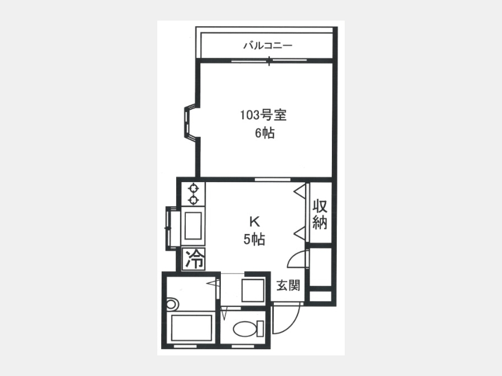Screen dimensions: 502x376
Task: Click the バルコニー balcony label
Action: [268, 46]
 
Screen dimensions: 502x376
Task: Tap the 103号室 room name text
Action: [263, 115]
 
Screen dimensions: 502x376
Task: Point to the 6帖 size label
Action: [265, 133]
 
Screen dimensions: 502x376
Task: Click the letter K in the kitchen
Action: [254, 221]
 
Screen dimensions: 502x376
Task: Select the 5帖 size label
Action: [254, 239]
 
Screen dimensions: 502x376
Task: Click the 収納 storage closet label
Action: [320, 214]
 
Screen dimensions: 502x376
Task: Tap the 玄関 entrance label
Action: [288, 285]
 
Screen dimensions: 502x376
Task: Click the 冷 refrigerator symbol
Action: [194, 258]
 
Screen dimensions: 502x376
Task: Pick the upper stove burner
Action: [194, 188]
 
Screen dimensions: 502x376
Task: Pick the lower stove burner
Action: [194, 200]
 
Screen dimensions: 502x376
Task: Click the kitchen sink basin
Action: [193, 226]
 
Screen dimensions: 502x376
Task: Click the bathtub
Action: [192, 328]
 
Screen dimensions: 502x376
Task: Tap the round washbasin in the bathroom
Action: [172, 304]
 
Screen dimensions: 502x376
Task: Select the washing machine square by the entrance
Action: [253, 290]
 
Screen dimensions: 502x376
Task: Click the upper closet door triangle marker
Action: [300, 192]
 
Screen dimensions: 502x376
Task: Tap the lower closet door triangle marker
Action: [300, 232]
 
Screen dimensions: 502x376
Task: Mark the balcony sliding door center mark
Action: [269, 61]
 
